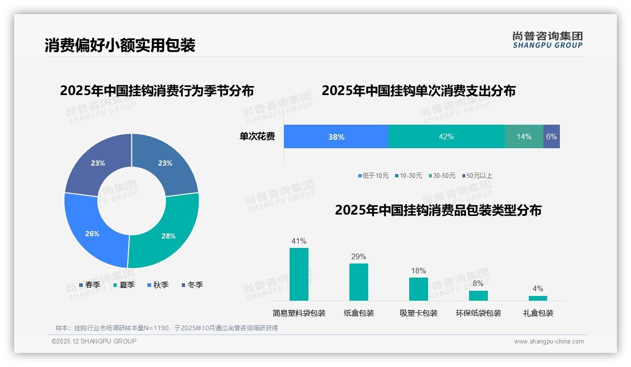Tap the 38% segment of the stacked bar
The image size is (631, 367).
point(336,137)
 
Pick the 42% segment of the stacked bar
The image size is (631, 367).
point(446,136)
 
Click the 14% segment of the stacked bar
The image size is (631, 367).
point(524,136)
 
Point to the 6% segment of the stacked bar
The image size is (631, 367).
point(551,136)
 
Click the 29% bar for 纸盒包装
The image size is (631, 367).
point(359,282)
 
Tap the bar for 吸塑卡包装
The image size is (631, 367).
point(419,289)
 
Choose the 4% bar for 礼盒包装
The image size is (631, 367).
point(538,298)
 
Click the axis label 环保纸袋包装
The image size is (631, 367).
point(478,313)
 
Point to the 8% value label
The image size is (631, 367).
point(478,283)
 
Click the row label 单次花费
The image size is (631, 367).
point(257,136)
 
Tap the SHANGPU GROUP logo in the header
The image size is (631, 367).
point(547,40)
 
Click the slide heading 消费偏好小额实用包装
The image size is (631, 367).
point(120,45)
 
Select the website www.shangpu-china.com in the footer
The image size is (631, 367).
point(549,342)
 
